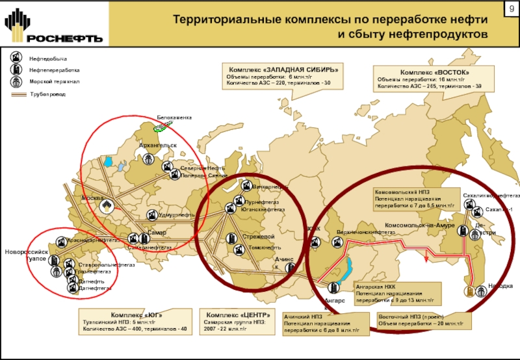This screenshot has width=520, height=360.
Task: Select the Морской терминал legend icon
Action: tap(18, 83)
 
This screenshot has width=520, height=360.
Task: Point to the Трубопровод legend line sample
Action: tap(18, 95)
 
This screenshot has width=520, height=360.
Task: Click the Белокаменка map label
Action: tap(175, 118)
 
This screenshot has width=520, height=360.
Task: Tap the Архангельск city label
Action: tap(158, 145)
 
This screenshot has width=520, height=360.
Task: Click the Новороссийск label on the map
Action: tap(27, 251)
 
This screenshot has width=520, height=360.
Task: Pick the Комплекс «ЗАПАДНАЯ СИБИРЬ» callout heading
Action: tap(281, 70)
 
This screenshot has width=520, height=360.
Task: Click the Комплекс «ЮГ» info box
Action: tap(135, 322)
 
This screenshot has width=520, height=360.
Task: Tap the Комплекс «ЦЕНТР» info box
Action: tap(237, 322)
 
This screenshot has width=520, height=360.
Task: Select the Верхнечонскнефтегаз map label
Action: tap(367, 232)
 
